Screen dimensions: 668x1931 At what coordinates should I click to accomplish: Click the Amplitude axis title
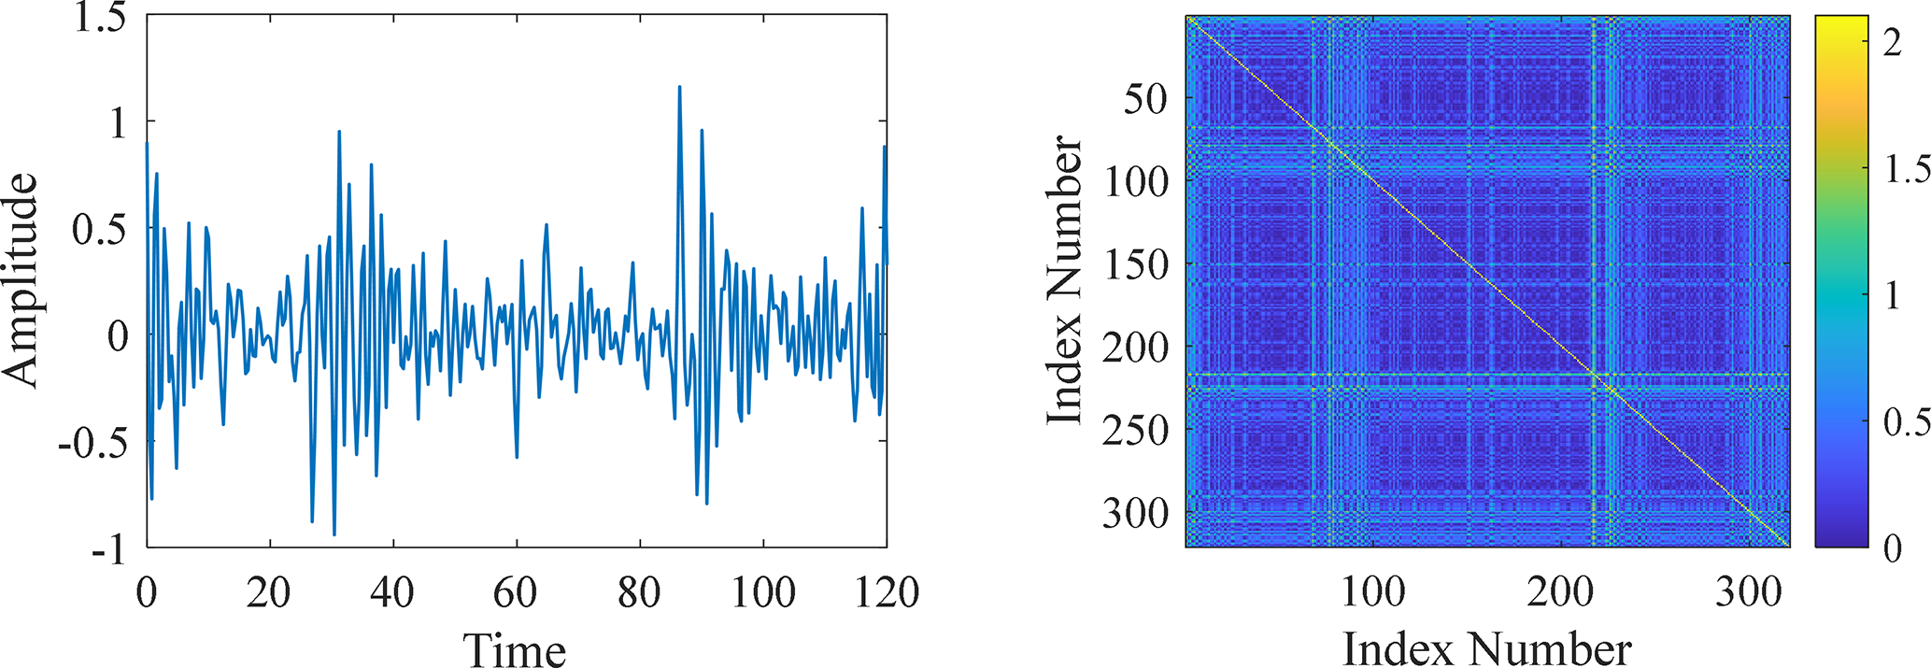click(21, 280)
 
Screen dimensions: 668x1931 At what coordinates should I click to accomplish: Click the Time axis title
click(515, 650)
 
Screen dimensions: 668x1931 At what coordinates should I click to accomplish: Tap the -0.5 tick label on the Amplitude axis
click(92, 442)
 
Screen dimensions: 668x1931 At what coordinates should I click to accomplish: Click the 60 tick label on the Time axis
click(516, 592)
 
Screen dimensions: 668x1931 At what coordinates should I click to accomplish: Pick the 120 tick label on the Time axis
click(885, 592)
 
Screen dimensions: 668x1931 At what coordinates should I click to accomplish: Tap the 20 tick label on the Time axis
click(269, 592)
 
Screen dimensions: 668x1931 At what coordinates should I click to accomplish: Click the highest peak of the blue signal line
click(679, 87)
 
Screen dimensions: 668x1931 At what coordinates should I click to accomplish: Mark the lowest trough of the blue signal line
click(334, 534)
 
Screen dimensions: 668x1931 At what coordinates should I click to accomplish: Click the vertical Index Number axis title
click(1063, 280)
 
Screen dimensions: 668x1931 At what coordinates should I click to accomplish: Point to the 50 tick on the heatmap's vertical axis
click(1144, 98)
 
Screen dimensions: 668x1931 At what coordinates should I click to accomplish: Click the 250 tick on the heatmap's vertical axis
click(1135, 430)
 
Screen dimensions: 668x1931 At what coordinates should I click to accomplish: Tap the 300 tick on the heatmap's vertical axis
click(1135, 513)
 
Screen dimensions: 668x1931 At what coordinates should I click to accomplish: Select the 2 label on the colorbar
click(1892, 43)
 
